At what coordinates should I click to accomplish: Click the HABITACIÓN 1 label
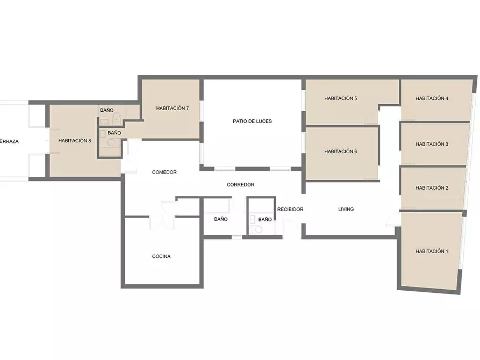point(432,251)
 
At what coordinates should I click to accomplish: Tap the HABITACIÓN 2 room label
point(432,188)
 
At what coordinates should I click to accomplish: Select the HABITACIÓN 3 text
point(432,144)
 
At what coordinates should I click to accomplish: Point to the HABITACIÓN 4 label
point(432,98)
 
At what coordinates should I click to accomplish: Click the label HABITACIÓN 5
point(341,98)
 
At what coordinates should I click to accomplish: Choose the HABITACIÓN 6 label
point(341,152)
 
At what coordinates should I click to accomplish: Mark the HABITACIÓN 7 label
point(173,109)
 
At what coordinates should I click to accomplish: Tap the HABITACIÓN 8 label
point(75,141)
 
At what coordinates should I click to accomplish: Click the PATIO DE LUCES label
point(252,121)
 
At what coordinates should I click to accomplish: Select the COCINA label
point(161,256)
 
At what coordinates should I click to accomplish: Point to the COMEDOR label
point(164,172)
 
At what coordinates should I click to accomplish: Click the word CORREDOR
point(241,185)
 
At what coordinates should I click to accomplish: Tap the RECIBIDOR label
point(290,210)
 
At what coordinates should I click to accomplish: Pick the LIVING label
point(346,210)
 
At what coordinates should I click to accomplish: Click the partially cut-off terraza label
point(9,142)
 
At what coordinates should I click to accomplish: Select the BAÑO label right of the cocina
point(221,219)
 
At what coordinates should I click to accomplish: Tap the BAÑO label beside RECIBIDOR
point(265,219)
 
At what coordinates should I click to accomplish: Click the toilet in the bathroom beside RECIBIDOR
point(257,229)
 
